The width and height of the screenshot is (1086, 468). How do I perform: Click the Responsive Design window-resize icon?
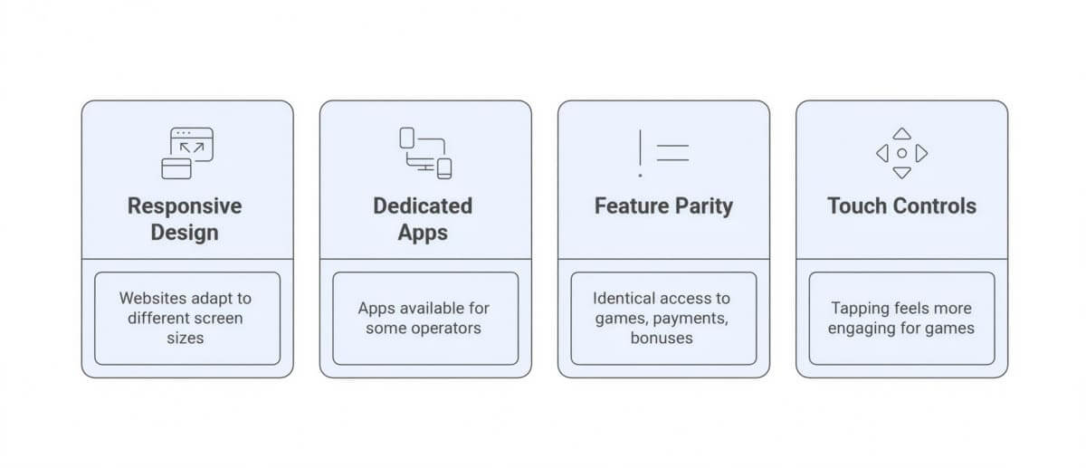click(x=187, y=153)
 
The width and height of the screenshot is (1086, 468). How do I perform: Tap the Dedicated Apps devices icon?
click(x=425, y=153)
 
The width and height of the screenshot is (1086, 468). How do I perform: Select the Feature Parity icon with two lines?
click(x=663, y=153)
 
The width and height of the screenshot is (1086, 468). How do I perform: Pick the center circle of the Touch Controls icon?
click(x=901, y=153)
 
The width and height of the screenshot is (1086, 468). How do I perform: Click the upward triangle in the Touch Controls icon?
click(x=901, y=134)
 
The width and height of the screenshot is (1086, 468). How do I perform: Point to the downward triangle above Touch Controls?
click(x=901, y=173)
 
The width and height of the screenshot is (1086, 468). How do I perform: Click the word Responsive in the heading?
click(x=185, y=207)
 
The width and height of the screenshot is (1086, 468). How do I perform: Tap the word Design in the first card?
click(x=185, y=233)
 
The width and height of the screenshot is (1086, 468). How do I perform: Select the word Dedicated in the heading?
click(x=423, y=205)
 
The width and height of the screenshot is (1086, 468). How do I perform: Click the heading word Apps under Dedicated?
click(x=423, y=234)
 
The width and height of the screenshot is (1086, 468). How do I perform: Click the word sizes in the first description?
click(x=186, y=338)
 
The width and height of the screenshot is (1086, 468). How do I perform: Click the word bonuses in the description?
click(x=662, y=338)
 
